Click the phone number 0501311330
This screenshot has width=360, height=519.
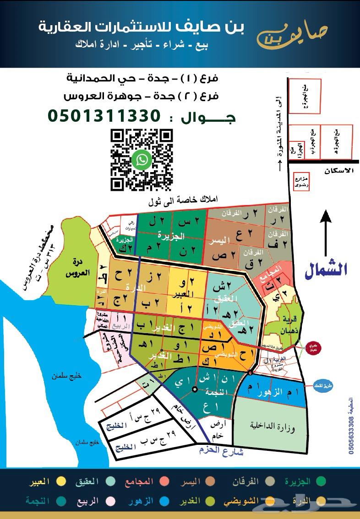coord(104,116)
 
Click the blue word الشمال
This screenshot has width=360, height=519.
coord(326,270)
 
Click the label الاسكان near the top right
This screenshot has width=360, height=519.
coord(339,170)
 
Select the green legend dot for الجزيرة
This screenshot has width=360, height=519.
coord(321,481)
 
